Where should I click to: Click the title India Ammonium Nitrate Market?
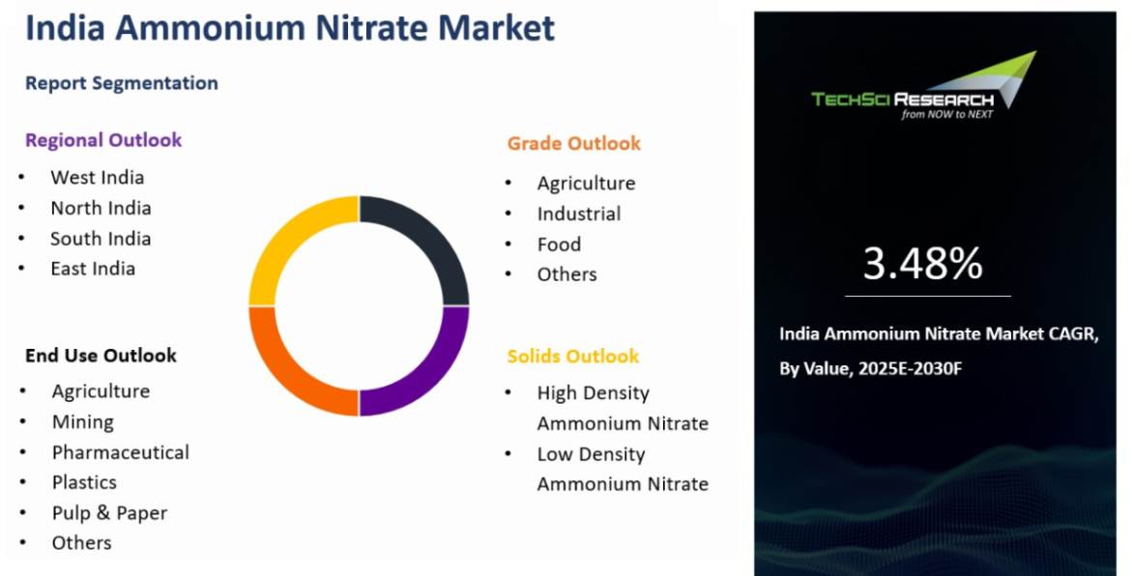pos(290,28)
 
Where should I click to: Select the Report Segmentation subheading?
pos(122,83)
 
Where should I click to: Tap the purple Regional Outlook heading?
pos(103,140)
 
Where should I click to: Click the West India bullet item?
pos(97,177)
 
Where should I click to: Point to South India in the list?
pos(101,238)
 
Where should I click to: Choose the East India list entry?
pos(93,269)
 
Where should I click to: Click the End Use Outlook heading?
pos(101,356)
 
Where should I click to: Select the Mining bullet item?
pos(82,421)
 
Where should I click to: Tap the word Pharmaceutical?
pos(120,452)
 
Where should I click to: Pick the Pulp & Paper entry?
pos(109,513)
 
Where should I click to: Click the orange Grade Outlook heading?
pos(573,143)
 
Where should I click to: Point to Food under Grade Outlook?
pos(559,245)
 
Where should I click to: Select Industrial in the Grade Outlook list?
pos(578,214)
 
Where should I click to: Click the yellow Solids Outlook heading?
pos(573,357)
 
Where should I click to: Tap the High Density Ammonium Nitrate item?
pos(622,408)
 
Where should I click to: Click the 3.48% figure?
pos(922,264)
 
